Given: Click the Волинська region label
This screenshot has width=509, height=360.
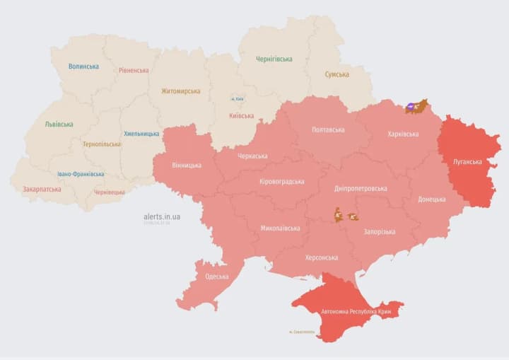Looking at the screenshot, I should point(83,66).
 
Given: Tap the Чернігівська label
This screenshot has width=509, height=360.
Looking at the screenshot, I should point(275,59).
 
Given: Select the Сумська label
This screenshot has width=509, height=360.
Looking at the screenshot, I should point(337,74).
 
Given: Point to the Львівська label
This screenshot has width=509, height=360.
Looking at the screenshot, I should point(59,124).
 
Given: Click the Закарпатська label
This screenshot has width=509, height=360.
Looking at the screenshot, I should point(42,190).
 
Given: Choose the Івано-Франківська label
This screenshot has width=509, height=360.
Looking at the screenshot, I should point(81,174).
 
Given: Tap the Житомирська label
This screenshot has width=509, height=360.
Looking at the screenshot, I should point(180,91).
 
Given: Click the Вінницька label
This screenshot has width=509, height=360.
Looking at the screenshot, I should point(187,166).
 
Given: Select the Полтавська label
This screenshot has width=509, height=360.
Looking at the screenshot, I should point(328,130).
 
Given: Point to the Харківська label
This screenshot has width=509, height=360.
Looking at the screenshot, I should point(403,134).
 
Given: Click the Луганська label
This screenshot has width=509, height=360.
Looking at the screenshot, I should point(467,162).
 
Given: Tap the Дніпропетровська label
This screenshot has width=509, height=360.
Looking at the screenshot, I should point(361,189).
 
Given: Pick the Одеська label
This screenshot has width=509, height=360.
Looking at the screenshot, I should point(216,277).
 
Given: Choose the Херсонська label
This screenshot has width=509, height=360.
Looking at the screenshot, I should point(321,258).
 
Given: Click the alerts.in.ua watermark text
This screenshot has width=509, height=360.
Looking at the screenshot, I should point(161,216).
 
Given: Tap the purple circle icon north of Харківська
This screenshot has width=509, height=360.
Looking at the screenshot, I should point(411,108).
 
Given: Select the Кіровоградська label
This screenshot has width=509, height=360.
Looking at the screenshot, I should point(282,182).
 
